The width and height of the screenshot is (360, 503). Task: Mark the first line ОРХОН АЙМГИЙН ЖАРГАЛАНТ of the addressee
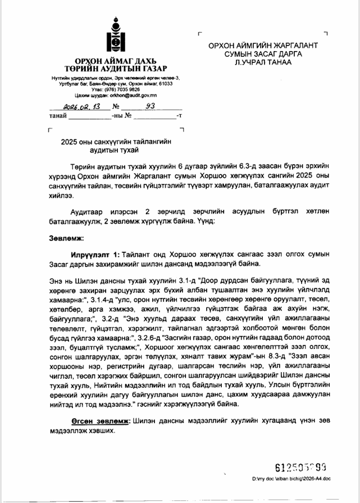pos(263,45)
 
